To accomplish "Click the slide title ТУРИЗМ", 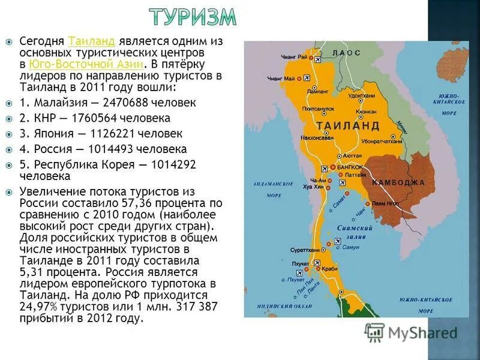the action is pos(192,18).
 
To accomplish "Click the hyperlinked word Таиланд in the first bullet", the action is pos(91,41).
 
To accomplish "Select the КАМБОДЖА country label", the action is pos(398,182).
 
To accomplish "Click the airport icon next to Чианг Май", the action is pos(305,77).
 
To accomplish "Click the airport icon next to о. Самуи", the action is pos(328,245).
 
